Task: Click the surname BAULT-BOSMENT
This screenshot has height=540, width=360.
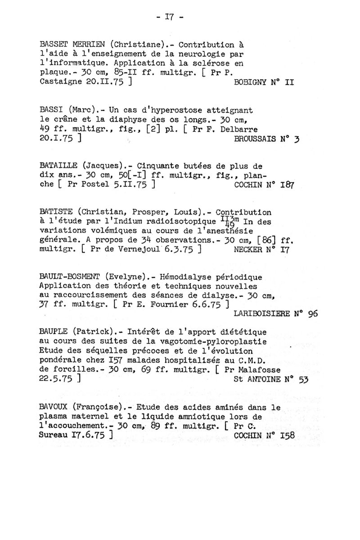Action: (70, 276)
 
